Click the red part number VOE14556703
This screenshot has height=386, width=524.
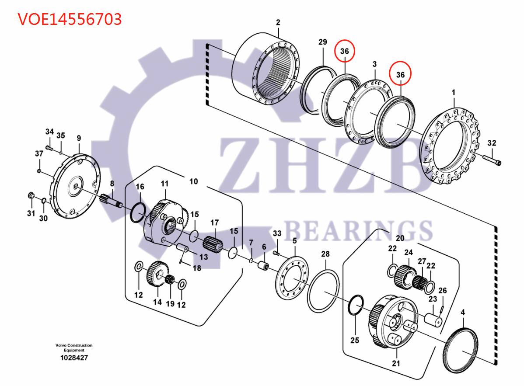(70, 19)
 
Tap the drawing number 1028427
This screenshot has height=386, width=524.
(74, 358)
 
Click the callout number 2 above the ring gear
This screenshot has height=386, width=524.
(278, 22)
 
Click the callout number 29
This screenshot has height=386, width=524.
(322, 42)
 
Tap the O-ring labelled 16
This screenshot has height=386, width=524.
(138, 211)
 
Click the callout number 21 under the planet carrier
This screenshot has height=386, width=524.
(395, 363)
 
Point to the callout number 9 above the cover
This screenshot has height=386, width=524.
(79, 139)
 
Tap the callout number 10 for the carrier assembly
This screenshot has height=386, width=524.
(193, 181)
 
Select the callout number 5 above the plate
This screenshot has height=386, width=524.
(294, 240)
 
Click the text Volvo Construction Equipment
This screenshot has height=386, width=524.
(74, 348)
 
